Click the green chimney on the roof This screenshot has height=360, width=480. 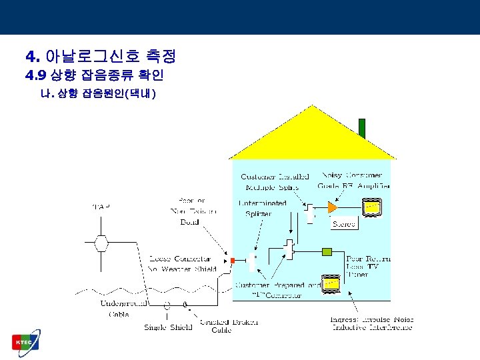(362, 128)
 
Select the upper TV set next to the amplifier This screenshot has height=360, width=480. (371, 208)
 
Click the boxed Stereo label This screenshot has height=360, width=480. (343, 225)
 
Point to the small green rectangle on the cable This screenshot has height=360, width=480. (327, 251)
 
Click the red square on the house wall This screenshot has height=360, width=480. (232, 259)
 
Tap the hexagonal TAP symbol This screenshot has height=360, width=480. (101, 242)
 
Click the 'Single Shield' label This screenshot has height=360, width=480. (168, 327)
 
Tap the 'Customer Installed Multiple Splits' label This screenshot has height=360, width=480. (275, 182)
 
